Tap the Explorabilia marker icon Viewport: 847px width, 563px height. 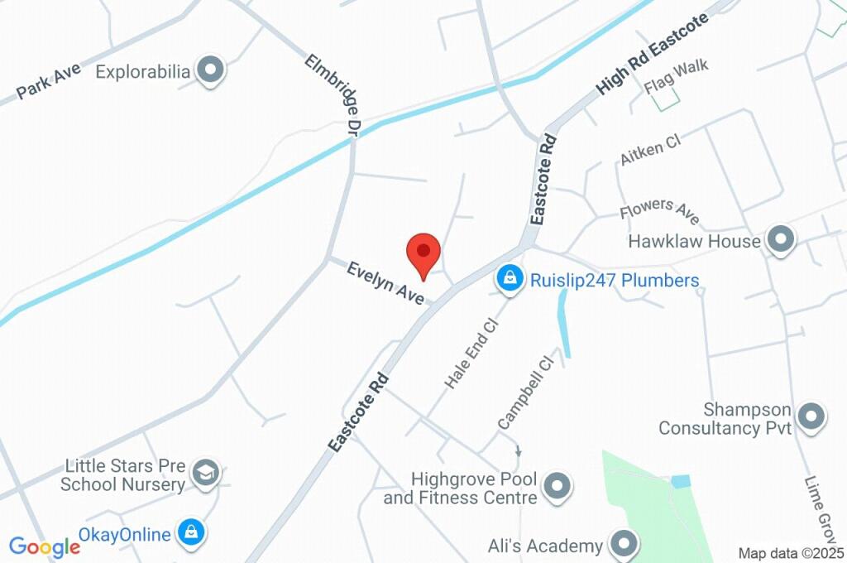point(212,71)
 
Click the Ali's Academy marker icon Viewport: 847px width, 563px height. point(624,545)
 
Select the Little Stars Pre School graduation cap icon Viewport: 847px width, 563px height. point(203,474)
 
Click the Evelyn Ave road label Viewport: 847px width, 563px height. point(385,283)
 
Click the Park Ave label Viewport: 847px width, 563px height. point(49,81)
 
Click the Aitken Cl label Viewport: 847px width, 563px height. point(650,150)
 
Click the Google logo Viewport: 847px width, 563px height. point(45,546)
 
